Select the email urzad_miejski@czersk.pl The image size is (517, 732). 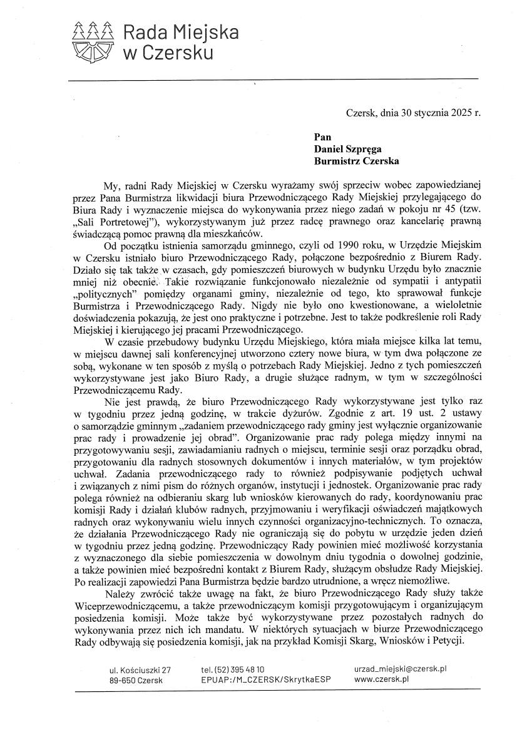pyautogui.click(x=400, y=669)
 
